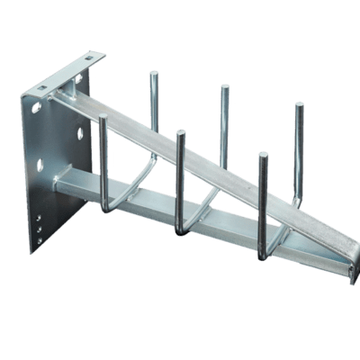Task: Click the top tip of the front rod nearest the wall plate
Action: pyautogui.click(x=103, y=117)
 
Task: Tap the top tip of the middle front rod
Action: pyautogui.click(x=181, y=133)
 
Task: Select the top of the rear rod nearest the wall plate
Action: pyautogui.click(x=154, y=74)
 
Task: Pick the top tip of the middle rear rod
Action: pyautogui.click(x=224, y=87)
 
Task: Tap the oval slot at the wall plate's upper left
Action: pyautogui.click(x=36, y=107)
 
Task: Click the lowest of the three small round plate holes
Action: pyautogui.click(x=39, y=240)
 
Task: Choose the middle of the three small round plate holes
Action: pyautogui.click(x=39, y=229)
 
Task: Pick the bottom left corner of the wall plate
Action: pyautogui.click(x=31, y=251)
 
